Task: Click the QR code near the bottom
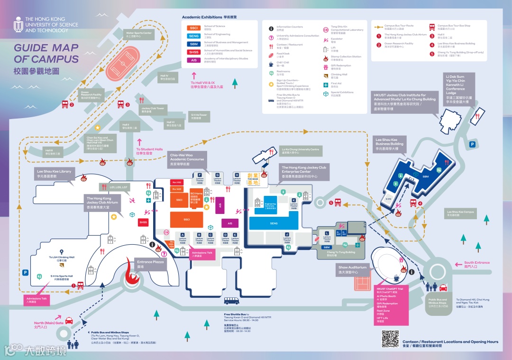[390, 338]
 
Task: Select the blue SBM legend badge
[193, 44]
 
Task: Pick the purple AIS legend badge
[193, 60]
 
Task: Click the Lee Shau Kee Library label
[54, 173]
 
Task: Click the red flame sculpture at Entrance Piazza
[131, 273]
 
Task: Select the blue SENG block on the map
[274, 223]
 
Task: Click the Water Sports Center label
[139, 34]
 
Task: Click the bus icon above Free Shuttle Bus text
[232, 301]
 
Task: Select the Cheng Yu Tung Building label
[341, 252]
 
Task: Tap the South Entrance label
[476, 264]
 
